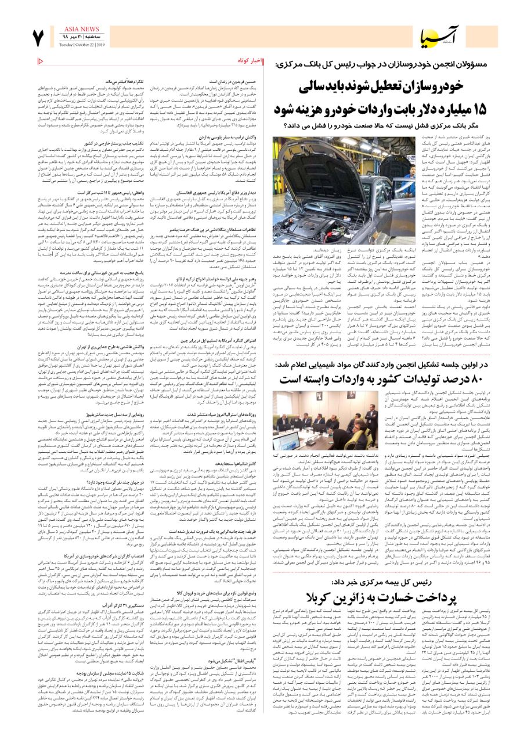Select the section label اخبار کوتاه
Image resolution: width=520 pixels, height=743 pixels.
251,60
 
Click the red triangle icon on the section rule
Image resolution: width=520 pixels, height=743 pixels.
39,60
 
